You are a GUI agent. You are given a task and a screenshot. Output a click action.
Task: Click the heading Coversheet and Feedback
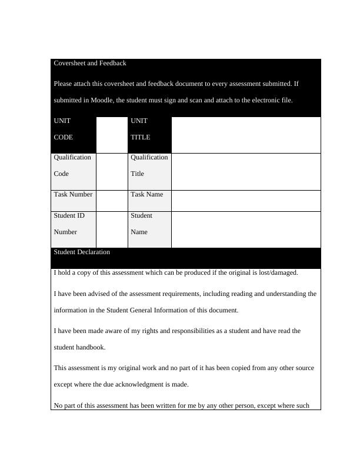point(90,63)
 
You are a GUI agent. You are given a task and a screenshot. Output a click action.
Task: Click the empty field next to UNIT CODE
point(112,134)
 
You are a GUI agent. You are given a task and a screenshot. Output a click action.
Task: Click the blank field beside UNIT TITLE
point(246,134)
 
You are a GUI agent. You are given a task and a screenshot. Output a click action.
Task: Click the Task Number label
point(73,194)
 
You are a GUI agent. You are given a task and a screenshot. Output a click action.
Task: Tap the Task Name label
point(146,194)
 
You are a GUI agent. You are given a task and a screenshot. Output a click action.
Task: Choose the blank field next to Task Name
point(246,200)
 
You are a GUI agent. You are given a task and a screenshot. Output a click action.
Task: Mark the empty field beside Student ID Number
point(112,229)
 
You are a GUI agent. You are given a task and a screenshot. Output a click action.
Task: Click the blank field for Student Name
point(246,229)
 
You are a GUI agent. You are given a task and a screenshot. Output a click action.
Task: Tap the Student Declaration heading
point(82,252)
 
